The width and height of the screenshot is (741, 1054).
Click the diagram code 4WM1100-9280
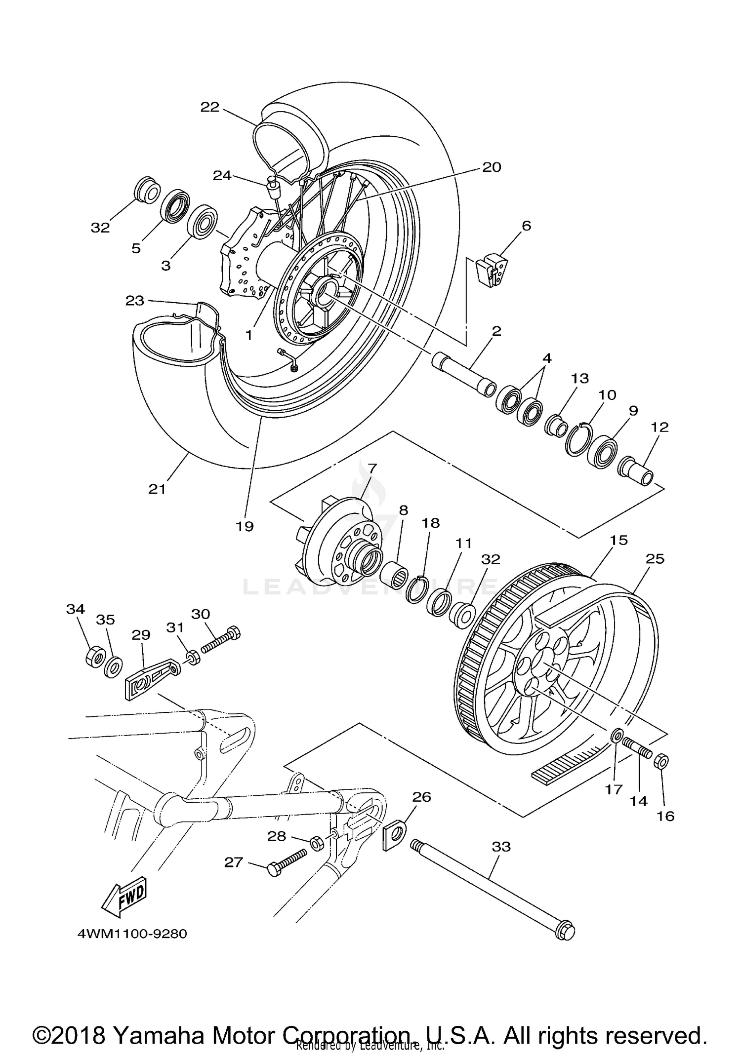point(132,934)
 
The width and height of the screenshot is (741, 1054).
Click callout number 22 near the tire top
point(209,107)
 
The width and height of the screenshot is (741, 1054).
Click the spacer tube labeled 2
point(463,374)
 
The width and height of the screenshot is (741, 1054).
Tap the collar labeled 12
point(637,472)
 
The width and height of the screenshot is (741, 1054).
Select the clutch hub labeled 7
point(341,548)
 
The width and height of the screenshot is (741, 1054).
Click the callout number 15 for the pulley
point(618,540)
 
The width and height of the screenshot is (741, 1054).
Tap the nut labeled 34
point(94,656)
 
